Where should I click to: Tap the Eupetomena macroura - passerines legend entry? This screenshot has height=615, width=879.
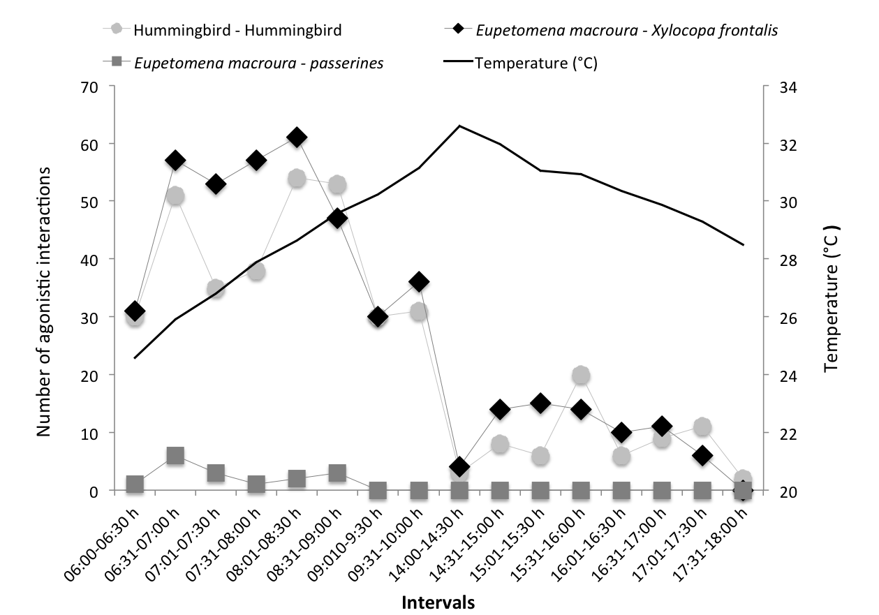(258, 63)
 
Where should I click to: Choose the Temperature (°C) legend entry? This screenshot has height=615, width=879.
(535, 63)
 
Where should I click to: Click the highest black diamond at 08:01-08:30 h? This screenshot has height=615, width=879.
(297, 138)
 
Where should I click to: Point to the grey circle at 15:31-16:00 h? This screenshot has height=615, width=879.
(581, 376)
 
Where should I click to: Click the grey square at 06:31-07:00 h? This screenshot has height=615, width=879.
(175, 456)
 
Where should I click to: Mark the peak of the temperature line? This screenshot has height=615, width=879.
(459, 126)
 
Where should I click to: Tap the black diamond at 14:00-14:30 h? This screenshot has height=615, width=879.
(459, 467)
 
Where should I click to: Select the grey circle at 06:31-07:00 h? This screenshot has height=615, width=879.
(175, 196)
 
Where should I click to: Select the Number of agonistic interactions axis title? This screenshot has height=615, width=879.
(45, 302)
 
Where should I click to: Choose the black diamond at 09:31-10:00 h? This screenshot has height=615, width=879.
(419, 282)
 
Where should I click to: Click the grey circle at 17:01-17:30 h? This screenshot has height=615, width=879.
(702, 427)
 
